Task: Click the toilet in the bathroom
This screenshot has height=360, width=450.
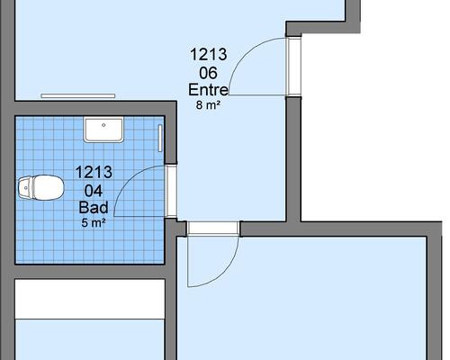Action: [x=41, y=188]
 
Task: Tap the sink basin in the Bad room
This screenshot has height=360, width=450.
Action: [x=103, y=130]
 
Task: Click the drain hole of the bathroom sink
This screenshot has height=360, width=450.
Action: [x=103, y=125]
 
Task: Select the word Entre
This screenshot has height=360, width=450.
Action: [x=209, y=90]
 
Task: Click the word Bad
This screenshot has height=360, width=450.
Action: [x=94, y=208]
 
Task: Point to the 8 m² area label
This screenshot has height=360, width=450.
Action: [x=209, y=105]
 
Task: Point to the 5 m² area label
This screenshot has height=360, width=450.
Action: [x=94, y=223]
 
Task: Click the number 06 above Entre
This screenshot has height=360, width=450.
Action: [x=208, y=73]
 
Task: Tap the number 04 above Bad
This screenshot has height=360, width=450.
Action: [x=94, y=191]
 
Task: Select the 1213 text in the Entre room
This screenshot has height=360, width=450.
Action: [x=209, y=55]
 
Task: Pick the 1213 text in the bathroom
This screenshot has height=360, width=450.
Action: [x=94, y=172]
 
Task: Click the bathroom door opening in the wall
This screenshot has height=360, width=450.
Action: [x=172, y=191]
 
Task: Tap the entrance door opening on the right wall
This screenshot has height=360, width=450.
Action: [x=293, y=67]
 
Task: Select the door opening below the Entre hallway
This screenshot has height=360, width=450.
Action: [x=213, y=229]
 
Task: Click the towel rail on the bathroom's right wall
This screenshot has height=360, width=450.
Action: [x=160, y=139]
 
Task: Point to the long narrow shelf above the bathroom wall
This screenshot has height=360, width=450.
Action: [x=78, y=96]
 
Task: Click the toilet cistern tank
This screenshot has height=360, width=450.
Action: [x=25, y=188]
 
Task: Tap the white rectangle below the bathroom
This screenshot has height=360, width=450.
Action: [x=90, y=299]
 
